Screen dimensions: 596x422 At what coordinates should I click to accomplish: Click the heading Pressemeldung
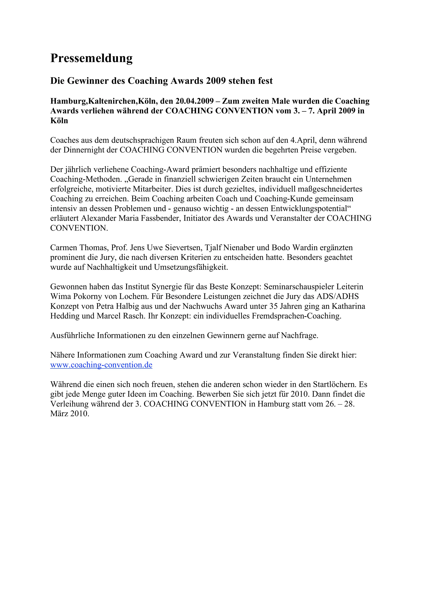91,58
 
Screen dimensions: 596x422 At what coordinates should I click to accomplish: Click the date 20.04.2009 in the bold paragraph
194,101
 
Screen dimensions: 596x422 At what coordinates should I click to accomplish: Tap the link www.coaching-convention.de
101,365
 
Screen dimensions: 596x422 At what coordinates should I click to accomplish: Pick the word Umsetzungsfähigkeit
191,267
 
